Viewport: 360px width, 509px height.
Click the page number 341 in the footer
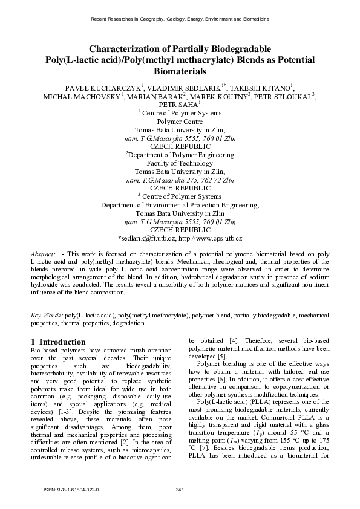click(180, 489)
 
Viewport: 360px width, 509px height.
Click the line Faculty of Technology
click(180, 163)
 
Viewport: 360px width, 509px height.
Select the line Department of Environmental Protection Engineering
click(180, 205)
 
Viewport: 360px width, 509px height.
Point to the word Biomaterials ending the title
click(180, 71)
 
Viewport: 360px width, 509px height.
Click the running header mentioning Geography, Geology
click(180, 20)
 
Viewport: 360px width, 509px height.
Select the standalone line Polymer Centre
click(180, 121)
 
